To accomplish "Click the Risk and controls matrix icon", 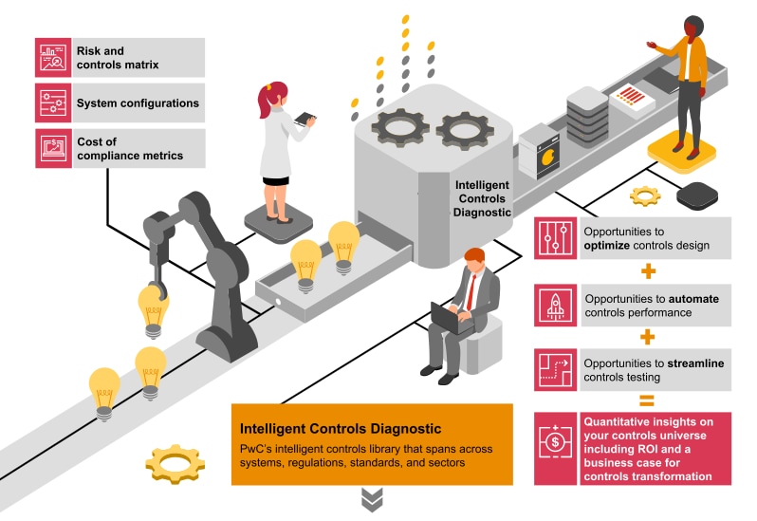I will pyautogui.click(x=53, y=57).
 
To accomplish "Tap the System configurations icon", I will pyautogui.click(x=53, y=102).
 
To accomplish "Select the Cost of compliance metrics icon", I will pyautogui.click(x=53, y=148).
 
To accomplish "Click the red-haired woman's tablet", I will pyautogui.click(x=305, y=119).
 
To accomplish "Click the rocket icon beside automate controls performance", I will pyautogui.click(x=556, y=304).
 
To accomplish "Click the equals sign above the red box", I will pyautogui.click(x=648, y=400).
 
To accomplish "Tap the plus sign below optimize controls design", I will pyautogui.click(x=648, y=271).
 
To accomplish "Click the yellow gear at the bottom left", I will pyautogui.click(x=175, y=464).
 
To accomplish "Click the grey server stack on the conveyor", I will pyautogui.click(x=586, y=115).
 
